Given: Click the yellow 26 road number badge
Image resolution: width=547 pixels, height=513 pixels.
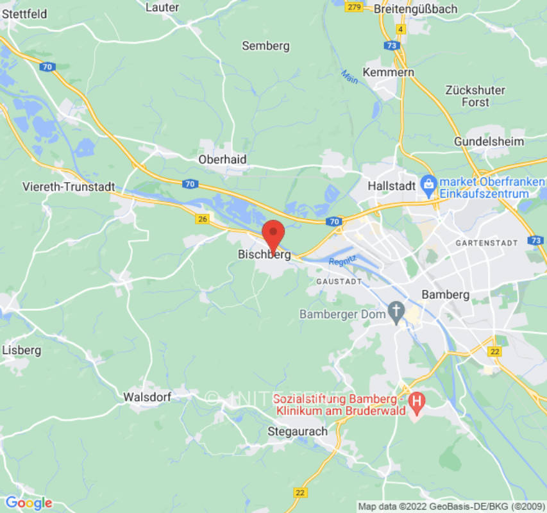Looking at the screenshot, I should click(203, 219).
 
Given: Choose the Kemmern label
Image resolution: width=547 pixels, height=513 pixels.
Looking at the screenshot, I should click(389, 72).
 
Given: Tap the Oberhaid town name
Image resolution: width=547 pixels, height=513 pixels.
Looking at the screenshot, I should click(223, 159).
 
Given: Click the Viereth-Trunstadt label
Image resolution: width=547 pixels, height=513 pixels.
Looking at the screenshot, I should click(69, 187).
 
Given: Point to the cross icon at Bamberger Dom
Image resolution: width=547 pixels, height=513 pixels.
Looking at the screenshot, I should click(397, 314).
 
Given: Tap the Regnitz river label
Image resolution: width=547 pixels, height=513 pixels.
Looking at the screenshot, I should click(342, 262).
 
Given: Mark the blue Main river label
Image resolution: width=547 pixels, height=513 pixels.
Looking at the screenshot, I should click(349, 78).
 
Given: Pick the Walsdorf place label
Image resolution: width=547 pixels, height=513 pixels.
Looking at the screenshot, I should click(147, 397).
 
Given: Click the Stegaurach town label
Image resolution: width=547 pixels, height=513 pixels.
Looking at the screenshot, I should click(297, 431).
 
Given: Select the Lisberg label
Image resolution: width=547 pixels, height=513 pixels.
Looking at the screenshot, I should click(22, 350).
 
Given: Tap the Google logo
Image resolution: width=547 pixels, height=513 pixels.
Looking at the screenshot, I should click(28, 503).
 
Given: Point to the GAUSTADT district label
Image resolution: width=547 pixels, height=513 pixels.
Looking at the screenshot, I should click(339, 282).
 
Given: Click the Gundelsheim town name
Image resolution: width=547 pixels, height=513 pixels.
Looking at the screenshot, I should click(489, 141).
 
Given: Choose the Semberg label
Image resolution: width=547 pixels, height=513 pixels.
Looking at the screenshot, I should click(265, 46).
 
